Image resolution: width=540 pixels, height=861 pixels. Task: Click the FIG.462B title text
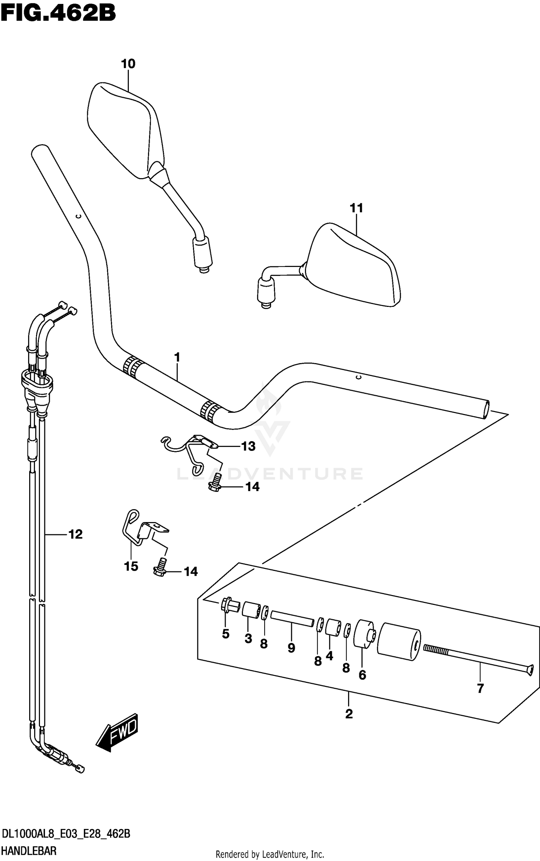coord(58,13)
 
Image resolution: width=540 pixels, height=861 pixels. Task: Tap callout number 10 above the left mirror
coord(128,64)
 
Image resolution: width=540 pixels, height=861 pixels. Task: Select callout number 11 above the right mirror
coord(356,208)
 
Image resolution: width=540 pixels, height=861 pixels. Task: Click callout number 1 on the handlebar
coord(177,358)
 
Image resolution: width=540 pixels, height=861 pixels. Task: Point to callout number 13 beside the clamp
coord(248,447)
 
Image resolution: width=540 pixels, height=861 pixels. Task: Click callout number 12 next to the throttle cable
coord(76,534)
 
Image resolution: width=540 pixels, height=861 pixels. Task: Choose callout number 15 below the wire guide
coord(131,566)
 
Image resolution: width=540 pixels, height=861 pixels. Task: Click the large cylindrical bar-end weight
coord(398,642)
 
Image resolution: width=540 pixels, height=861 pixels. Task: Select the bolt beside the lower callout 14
coord(160,567)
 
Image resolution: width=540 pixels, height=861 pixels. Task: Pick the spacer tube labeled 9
coord(292,619)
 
